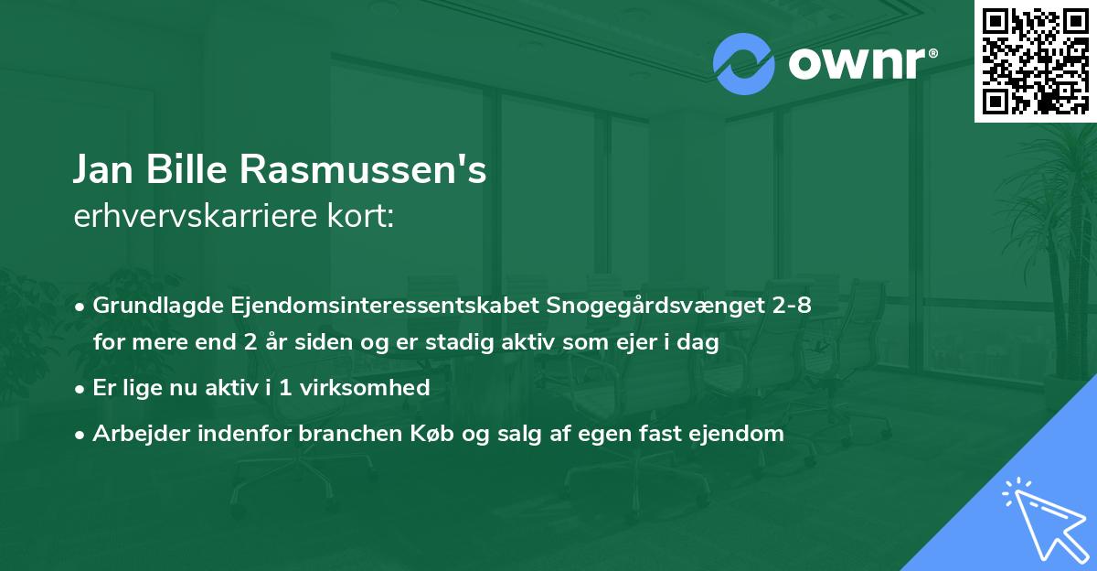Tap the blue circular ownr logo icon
[744, 64]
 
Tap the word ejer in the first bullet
[632, 343]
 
